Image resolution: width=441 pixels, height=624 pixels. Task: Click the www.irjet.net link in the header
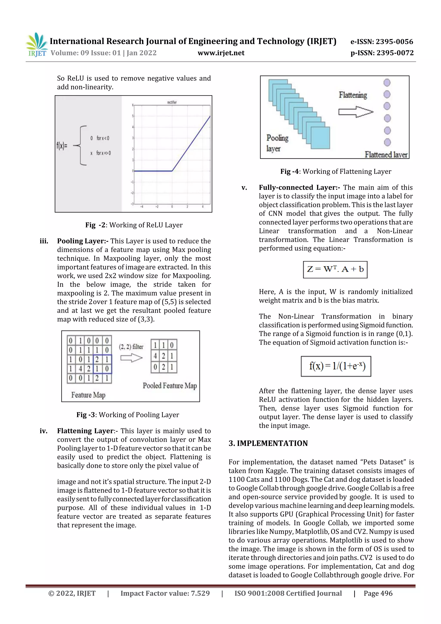[x=221, y=53]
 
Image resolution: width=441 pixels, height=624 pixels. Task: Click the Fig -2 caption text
[x=134, y=225]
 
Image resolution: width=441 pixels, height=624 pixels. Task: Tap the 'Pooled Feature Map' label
[x=169, y=386]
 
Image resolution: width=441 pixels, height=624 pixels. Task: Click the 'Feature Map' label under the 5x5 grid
[x=88, y=395]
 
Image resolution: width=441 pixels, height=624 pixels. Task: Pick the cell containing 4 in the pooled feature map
[x=155, y=356]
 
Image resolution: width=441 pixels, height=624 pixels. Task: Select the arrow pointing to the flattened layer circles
[x=356, y=112]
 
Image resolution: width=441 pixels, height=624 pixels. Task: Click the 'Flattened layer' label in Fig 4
[x=386, y=155]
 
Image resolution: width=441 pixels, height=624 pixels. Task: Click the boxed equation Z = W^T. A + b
[x=335, y=269]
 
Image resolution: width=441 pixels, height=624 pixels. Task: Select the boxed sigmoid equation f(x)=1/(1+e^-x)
[x=336, y=366]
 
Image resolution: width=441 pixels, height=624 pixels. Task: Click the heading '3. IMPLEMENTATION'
[x=268, y=443]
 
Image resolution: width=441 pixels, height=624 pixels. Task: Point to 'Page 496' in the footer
[x=378, y=593]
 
